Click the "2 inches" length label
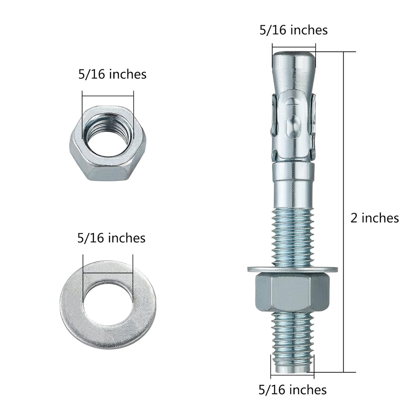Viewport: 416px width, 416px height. pos(374,218)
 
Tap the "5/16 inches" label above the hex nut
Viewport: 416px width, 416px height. pos(112,74)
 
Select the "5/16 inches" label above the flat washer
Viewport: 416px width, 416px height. pos(111,238)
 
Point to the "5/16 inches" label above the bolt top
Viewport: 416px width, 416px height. pos(293,30)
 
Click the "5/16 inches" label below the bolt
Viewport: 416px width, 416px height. pos(292,390)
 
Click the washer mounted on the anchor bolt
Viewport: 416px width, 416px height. pos(292,269)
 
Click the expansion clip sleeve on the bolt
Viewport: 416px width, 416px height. pos(293,127)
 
